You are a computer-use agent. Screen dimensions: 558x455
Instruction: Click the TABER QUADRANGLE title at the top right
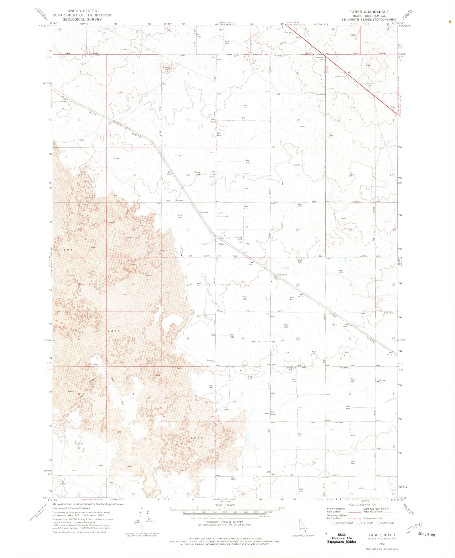point(369,12)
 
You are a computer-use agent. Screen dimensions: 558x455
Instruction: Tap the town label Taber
point(221,244)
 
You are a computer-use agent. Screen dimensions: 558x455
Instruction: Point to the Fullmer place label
point(282,275)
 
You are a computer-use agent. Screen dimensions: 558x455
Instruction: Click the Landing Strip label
point(238,238)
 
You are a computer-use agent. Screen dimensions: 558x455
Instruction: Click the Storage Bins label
point(290,369)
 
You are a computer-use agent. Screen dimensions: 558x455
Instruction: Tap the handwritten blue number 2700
point(414,528)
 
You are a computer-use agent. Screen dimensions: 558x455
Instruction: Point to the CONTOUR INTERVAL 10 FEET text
point(225,522)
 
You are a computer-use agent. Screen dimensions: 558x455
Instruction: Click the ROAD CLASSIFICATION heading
point(362,505)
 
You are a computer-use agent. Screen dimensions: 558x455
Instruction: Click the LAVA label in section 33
point(114,331)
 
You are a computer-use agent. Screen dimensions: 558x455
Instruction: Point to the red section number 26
point(243,282)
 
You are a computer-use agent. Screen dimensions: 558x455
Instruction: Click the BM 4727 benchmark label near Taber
point(225,238)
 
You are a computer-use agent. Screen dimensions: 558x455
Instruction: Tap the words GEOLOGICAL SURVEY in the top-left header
point(82,19)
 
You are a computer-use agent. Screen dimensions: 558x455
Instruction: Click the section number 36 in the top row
point(333,29)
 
